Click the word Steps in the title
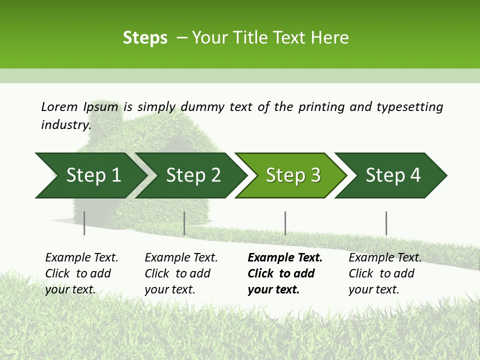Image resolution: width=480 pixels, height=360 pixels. (x=145, y=38)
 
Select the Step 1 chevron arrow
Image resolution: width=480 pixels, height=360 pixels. (x=90, y=175)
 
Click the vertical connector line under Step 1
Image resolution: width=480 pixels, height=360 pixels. (x=84, y=223)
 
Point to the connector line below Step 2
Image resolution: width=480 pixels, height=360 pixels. (x=184, y=223)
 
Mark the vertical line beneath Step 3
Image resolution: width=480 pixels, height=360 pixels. (x=285, y=223)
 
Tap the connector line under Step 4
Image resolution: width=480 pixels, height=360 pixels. (x=386, y=223)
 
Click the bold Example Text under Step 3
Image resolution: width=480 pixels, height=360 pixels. (x=284, y=273)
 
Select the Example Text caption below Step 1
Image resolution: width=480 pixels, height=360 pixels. (x=81, y=273)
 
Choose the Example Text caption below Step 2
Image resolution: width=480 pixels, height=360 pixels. (x=181, y=273)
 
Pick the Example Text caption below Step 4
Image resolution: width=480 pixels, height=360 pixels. (x=385, y=273)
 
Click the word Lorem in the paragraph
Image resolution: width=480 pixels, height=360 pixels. (x=59, y=106)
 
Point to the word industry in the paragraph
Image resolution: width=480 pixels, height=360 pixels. (x=65, y=125)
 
